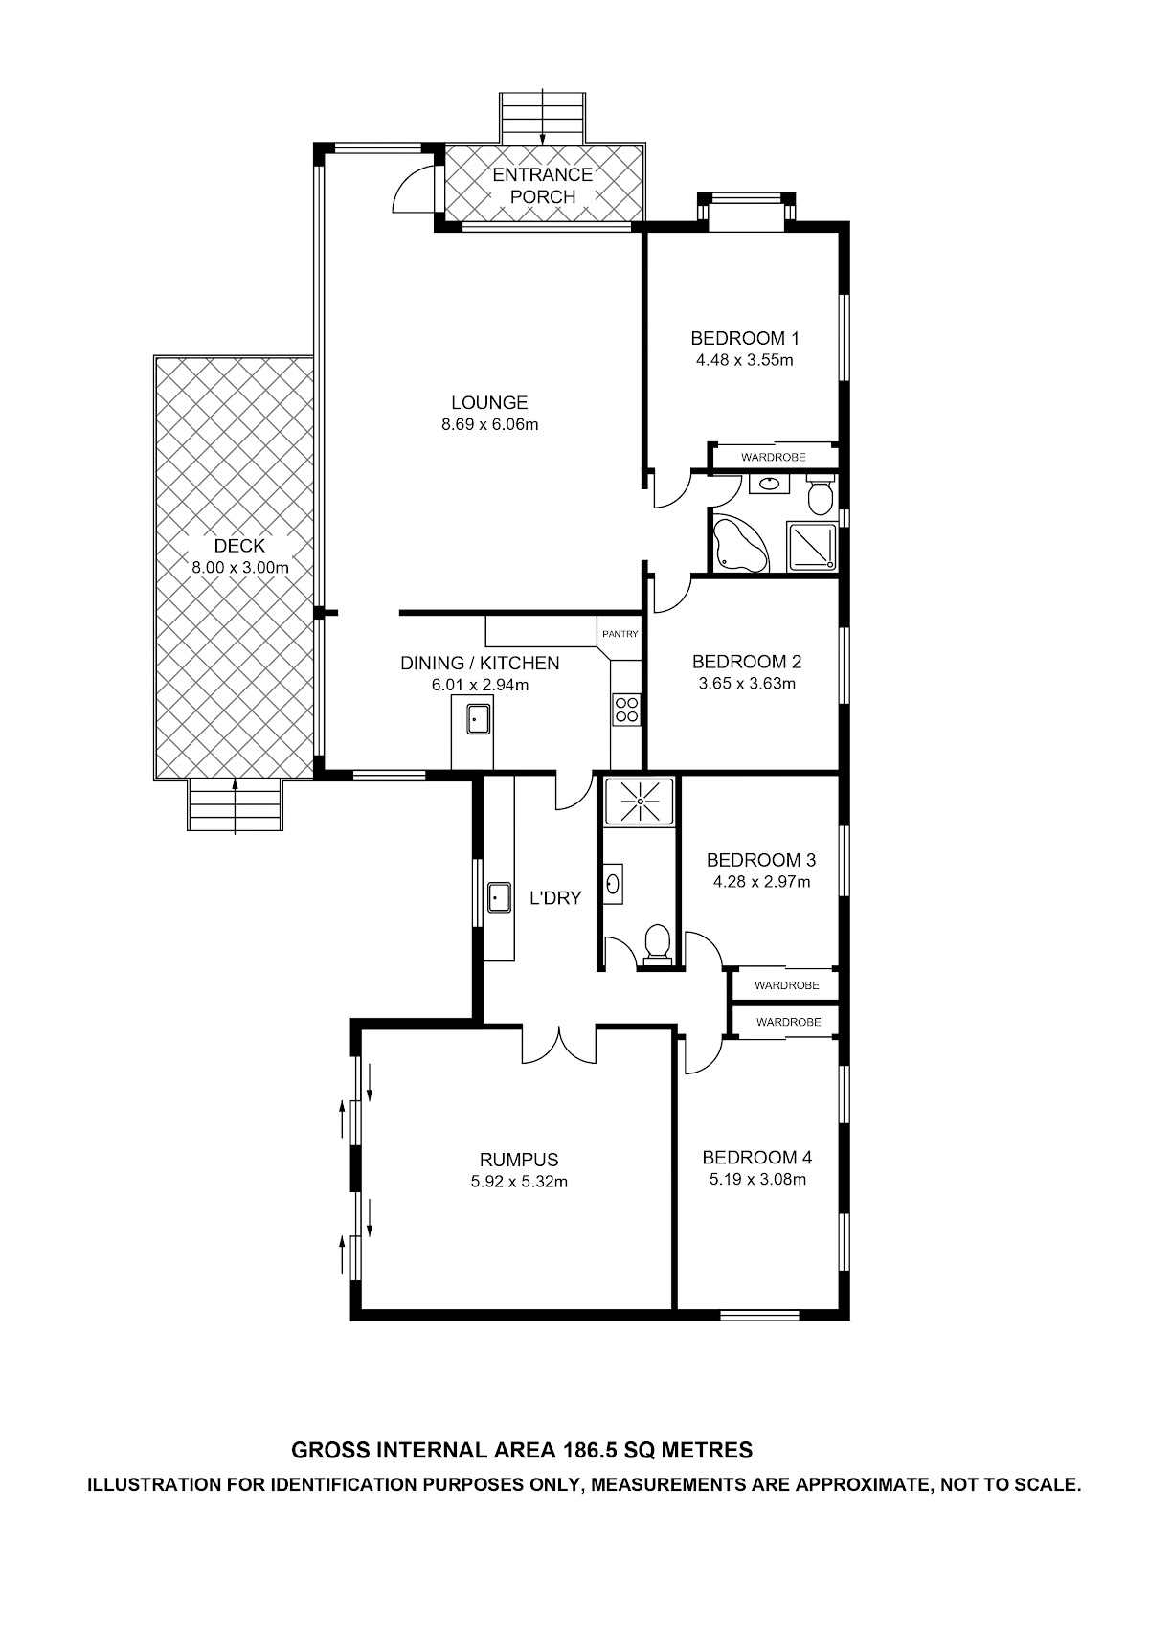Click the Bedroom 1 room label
tap(745, 338)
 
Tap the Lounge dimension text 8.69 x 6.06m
tap(490, 424)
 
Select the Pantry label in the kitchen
tap(620, 634)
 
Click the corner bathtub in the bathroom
tap(740, 545)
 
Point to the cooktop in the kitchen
tap(625, 710)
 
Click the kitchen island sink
tap(479, 719)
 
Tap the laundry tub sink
tap(499, 897)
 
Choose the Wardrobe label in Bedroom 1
tap(773, 458)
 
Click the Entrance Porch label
tap(543, 186)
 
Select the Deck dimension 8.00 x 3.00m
tap(240, 568)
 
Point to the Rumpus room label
tap(519, 1160)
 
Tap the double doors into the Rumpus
tap(559, 1046)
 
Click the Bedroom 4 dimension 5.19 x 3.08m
tap(757, 1180)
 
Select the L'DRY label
tap(555, 898)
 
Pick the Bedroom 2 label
tap(747, 662)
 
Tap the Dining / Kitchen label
tap(480, 664)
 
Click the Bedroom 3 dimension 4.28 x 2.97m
tap(761, 882)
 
